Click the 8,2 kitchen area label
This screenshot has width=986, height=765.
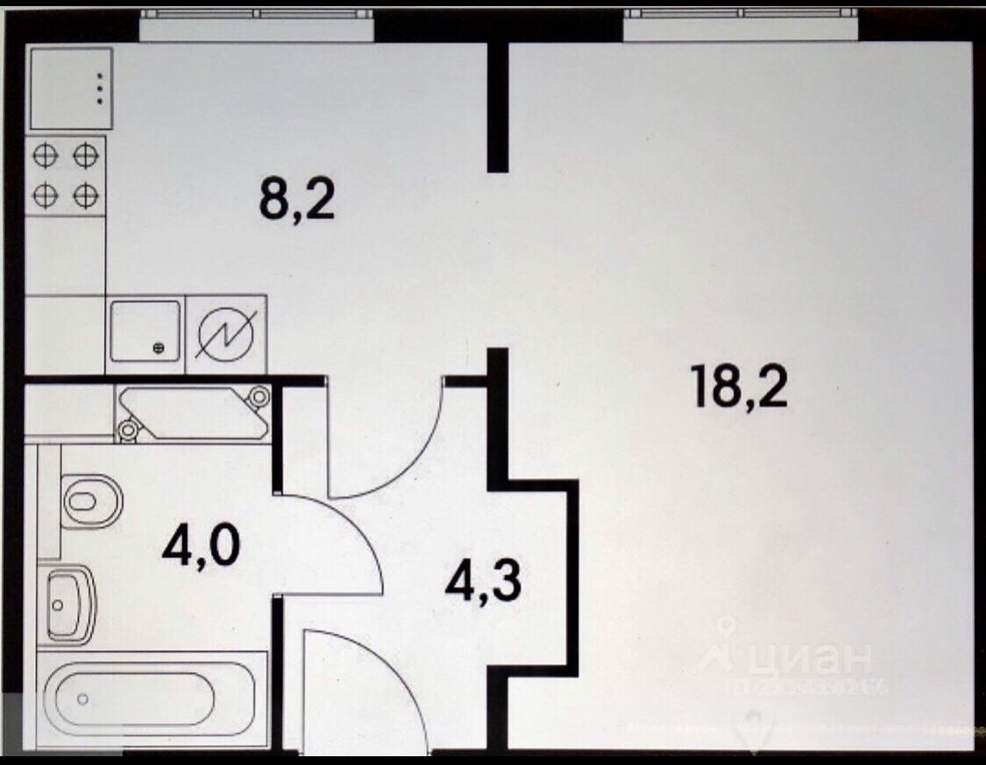click(x=297, y=202)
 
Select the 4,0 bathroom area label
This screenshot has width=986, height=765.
click(x=200, y=547)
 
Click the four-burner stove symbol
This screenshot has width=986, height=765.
click(x=66, y=175)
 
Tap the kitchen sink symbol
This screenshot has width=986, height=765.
click(x=145, y=330)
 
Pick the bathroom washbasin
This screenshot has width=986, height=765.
click(x=69, y=603)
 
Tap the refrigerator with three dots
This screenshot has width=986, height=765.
click(x=71, y=89)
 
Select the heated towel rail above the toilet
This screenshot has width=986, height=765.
click(x=194, y=412)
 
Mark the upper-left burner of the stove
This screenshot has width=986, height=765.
click(x=46, y=157)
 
